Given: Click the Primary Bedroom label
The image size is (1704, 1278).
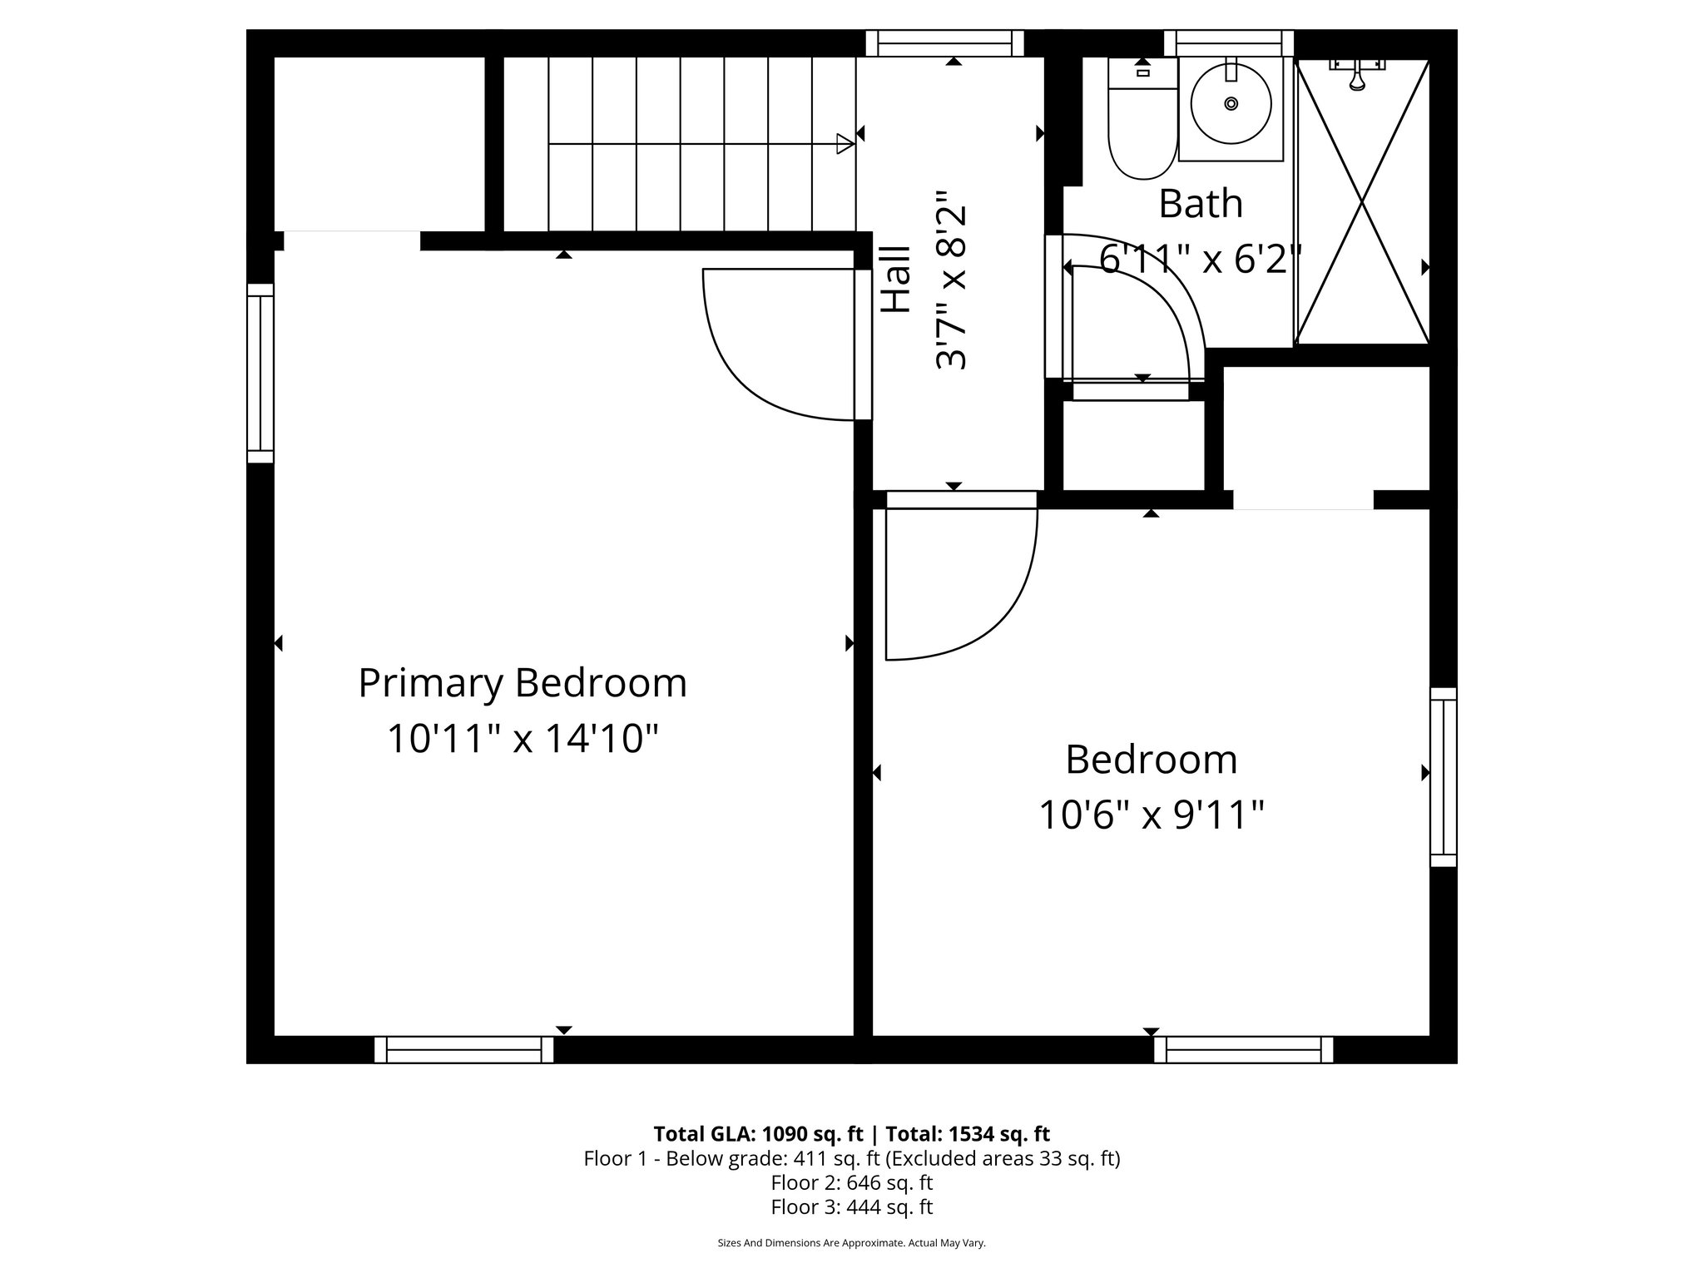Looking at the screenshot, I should pos(523,683).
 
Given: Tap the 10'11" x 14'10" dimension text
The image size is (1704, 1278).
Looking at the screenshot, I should pos(523,738).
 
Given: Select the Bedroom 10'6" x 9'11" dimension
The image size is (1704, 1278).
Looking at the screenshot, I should pos(1152,815).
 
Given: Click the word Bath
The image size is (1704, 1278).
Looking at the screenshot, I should pos(1200,204).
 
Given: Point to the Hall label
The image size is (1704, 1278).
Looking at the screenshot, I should pos(896,279).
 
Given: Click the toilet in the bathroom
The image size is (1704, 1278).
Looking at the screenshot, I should pos(1142,125).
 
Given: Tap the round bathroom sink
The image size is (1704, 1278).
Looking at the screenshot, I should pos(1231,104).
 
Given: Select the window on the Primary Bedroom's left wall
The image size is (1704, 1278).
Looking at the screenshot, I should pos(260,373).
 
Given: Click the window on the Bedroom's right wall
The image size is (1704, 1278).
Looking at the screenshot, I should pos(1444,777).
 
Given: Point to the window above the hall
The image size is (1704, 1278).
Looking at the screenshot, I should pos(944,43).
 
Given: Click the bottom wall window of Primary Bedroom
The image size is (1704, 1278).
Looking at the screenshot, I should pos(463,1049).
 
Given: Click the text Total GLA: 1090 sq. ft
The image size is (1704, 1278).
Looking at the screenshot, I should pos(758,1134).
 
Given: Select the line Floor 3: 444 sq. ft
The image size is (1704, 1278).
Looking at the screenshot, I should pos(851,1206).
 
